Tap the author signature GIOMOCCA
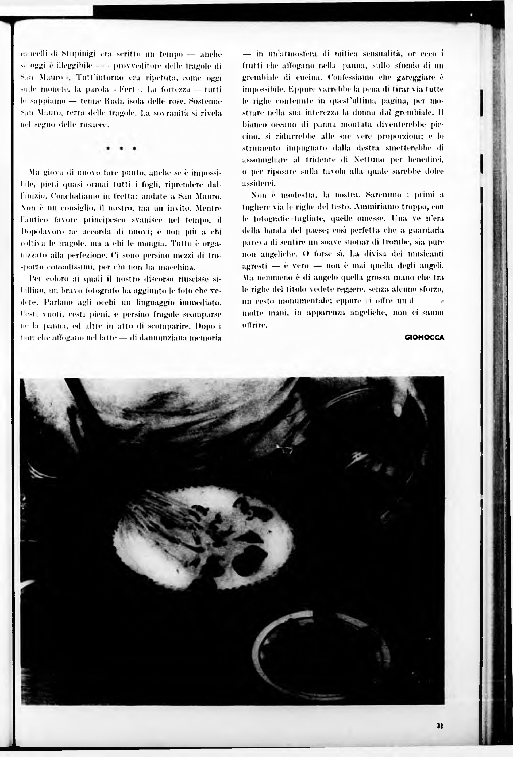[x=424, y=337]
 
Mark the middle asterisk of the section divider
[x=121, y=149]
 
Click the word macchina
[x=176, y=268]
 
